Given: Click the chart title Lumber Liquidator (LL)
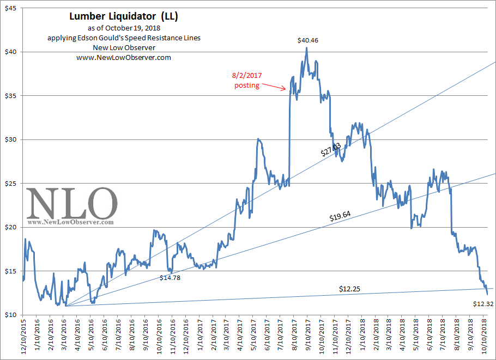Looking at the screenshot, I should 124,16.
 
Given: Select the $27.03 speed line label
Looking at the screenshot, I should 331,149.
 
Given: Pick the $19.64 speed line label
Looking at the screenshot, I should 340,217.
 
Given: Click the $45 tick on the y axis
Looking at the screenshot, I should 10,8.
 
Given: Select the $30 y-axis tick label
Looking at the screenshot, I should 10,139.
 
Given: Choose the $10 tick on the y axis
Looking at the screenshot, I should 10,315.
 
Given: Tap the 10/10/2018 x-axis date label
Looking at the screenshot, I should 486,337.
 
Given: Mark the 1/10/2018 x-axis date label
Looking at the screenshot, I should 362,337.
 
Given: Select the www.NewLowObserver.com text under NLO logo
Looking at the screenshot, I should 71,222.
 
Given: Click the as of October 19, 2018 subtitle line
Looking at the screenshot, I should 124,28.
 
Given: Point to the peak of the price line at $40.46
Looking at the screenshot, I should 306,48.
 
